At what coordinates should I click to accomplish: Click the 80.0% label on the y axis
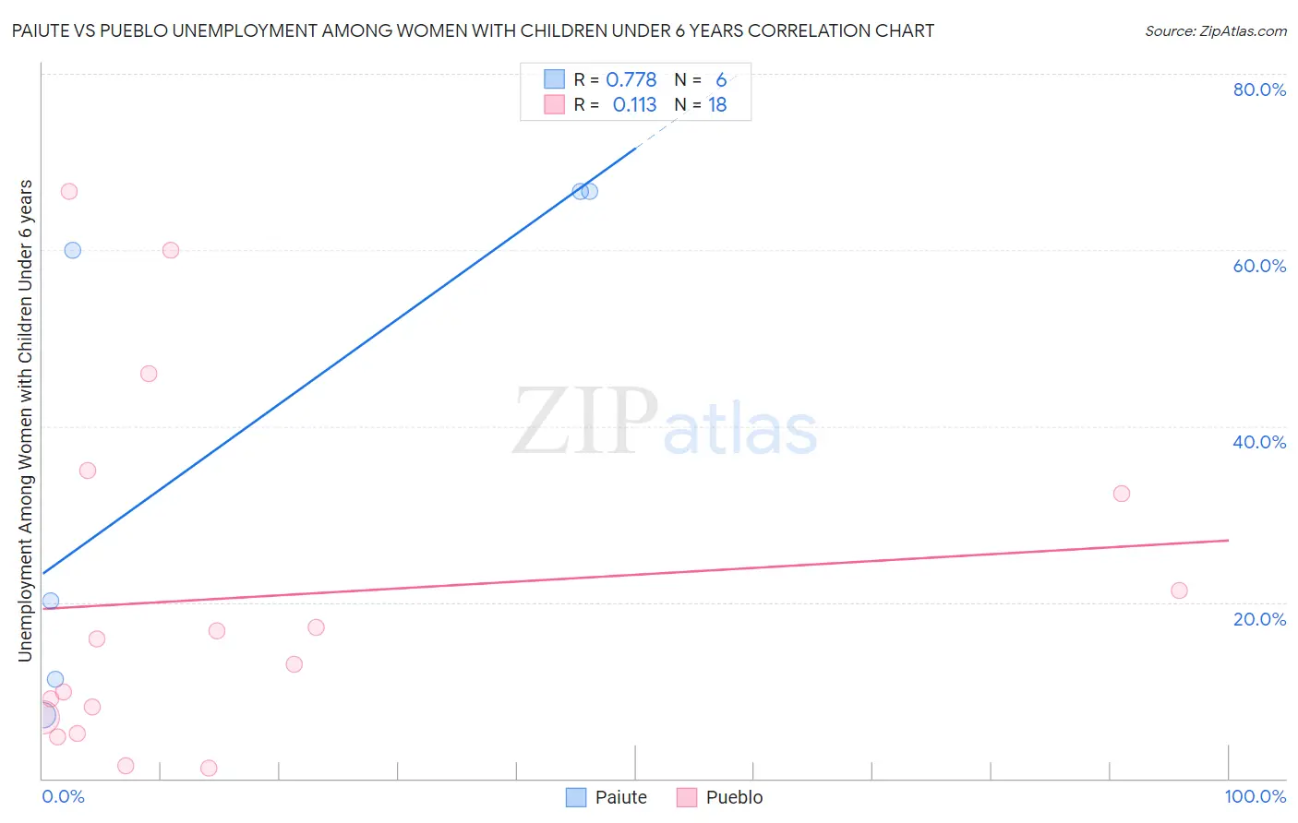click(x=1259, y=89)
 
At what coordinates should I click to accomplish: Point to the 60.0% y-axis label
click(x=1259, y=266)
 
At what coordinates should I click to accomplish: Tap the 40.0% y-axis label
click(x=1259, y=443)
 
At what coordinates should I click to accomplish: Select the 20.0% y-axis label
click(x=1259, y=619)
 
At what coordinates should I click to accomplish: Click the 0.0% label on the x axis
click(x=63, y=796)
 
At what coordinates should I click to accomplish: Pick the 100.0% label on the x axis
click(x=1256, y=796)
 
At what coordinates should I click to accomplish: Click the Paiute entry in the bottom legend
click(x=607, y=797)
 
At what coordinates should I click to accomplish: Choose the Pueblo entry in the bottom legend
click(x=720, y=797)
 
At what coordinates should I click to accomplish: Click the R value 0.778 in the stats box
click(x=631, y=79)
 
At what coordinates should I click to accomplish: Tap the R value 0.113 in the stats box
click(x=634, y=105)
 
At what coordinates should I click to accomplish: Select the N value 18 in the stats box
click(x=717, y=105)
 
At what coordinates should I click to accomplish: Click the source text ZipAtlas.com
click(x=1243, y=30)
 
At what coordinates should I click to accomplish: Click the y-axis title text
click(x=26, y=421)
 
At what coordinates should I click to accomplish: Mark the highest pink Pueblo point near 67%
click(x=69, y=192)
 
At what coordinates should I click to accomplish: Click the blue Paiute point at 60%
click(x=72, y=251)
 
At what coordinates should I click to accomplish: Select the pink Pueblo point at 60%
click(x=171, y=251)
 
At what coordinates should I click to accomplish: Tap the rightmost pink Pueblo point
click(x=1179, y=590)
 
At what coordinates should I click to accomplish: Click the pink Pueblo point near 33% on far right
click(x=1122, y=494)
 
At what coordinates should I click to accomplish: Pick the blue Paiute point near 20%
click(x=51, y=602)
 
